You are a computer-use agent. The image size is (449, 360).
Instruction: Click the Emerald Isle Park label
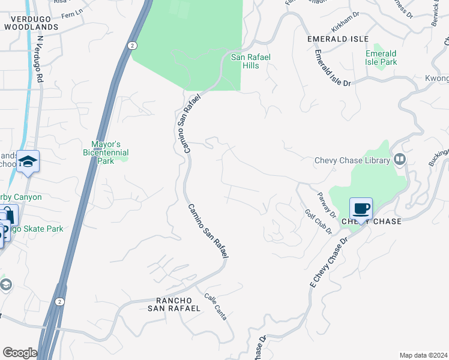point(381,58)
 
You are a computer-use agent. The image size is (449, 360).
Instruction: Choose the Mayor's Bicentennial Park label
point(106,152)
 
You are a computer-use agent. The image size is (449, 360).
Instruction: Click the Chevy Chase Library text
point(353,160)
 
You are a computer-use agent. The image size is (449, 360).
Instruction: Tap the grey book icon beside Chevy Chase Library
point(400,160)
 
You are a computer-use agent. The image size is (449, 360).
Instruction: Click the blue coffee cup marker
point(361,209)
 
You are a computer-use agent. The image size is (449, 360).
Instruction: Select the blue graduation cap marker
point(28,162)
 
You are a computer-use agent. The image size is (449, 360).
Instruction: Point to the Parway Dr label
point(326,205)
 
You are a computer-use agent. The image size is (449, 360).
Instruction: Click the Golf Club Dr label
point(318,222)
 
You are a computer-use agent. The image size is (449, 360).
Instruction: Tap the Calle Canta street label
point(215,306)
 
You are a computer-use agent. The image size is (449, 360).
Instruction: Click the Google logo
point(20,353)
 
